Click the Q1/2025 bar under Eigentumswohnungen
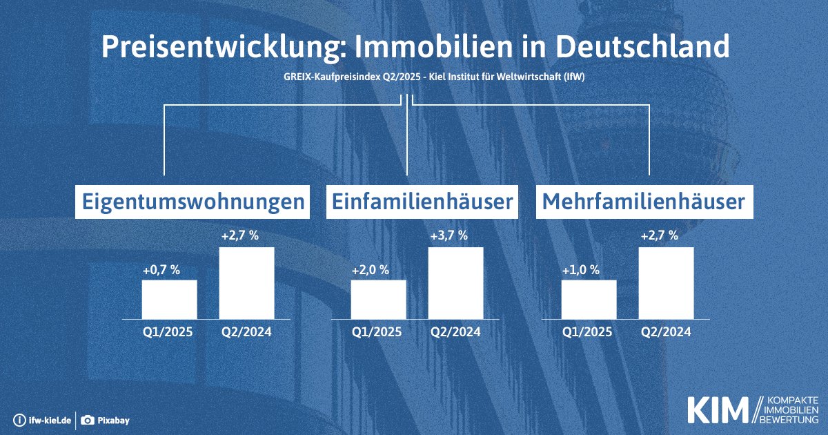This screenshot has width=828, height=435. coord(169,299)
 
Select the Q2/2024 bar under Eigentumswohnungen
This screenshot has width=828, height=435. coord(246,283)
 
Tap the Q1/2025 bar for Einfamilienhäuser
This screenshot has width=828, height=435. coord(378,299)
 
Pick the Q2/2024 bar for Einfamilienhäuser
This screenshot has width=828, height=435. coord(455,283)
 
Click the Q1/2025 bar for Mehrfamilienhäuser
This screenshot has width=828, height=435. coord(589,299)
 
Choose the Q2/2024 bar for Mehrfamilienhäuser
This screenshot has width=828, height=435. coord(666,283)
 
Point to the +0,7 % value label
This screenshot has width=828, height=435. coord(161,270)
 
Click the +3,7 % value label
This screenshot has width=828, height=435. coord(448,235)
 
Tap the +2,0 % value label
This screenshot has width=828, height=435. coord(371,270)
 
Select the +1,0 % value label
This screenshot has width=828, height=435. coord(581,270)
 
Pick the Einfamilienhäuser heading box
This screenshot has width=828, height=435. coord(422,202)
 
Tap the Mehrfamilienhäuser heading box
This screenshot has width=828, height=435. coord(644,202)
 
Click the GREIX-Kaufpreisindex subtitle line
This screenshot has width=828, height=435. coord(413,78)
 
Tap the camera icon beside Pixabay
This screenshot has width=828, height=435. coord(88,420)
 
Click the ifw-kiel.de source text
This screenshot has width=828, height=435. coord(48,420)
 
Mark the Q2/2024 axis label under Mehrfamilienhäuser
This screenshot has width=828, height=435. coord(666,331)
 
